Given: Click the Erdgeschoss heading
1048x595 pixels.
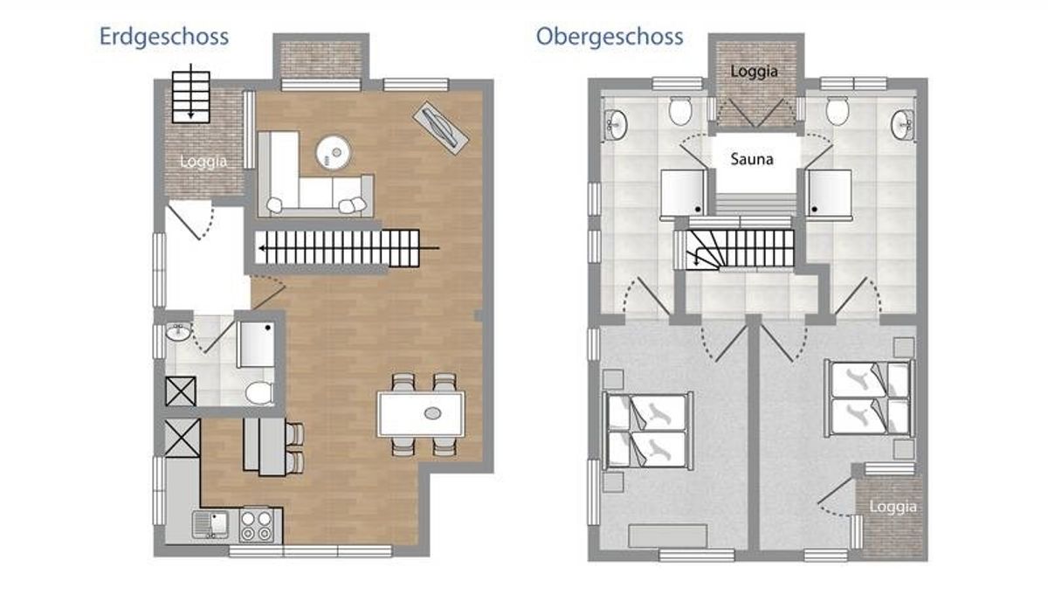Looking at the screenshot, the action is (x=164, y=37).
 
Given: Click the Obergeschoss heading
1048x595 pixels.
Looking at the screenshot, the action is (x=610, y=37).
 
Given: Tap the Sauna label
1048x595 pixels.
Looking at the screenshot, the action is (x=752, y=159).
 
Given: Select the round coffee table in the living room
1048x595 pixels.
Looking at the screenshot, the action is (x=333, y=152).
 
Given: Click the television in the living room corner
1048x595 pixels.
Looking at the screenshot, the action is (x=440, y=128).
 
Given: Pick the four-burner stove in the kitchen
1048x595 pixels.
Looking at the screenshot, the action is (x=256, y=526).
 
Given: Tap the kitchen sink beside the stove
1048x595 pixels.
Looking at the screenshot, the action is (x=210, y=525).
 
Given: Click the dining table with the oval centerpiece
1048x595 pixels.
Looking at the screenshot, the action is (x=421, y=414).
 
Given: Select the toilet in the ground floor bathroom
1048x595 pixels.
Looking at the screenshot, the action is (x=259, y=393).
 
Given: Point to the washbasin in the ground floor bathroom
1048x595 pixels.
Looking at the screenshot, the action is (x=178, y=332).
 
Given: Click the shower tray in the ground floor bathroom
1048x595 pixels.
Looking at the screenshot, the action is (x=256, y=344).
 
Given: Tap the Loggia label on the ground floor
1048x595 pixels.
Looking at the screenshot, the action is (x=203, y=162).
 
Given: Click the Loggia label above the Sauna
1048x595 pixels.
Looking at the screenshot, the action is (x=755, y=72).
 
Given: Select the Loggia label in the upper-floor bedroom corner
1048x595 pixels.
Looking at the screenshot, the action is (x=893, y=507).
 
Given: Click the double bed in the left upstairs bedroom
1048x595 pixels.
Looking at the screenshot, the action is (x=648, y=431).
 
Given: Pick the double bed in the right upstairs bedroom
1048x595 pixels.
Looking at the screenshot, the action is (x=869, y=398).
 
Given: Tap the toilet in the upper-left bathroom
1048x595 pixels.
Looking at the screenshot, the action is (x=680, y=111).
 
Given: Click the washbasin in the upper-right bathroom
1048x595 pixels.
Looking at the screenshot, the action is (x=903, y=125).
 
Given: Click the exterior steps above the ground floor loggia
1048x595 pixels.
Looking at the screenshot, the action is (x=191, y=97).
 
